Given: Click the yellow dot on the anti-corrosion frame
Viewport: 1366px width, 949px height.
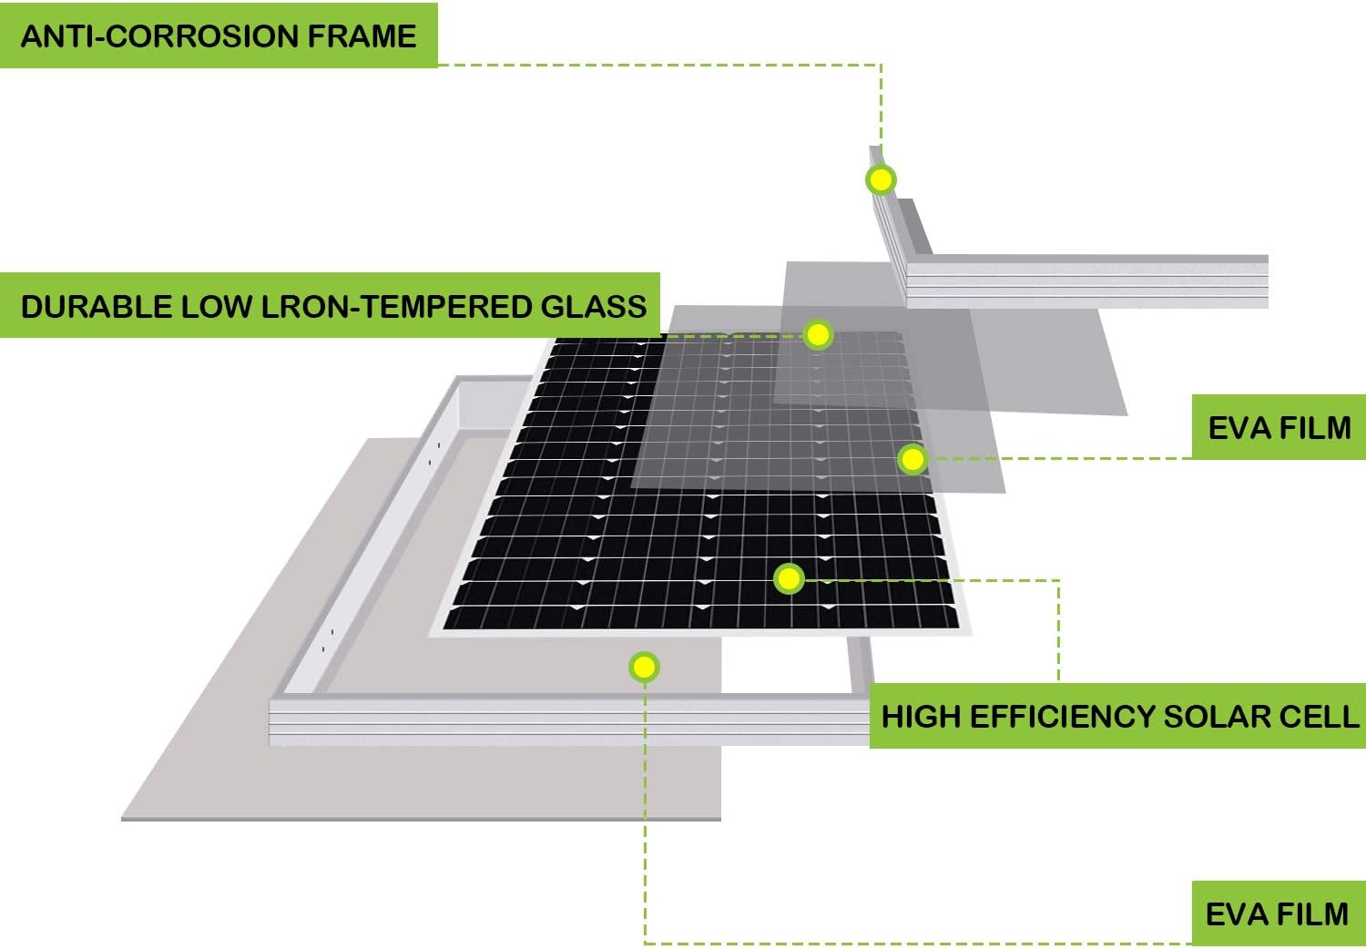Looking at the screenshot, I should [881, 179].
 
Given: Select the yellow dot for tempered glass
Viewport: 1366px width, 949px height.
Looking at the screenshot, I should [818, 335].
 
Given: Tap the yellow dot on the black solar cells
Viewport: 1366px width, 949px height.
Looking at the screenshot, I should [789, 578].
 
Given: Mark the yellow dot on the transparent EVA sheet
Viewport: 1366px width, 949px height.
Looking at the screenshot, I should [912, 459].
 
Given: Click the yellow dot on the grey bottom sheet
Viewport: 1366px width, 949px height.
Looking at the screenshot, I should [644, 668].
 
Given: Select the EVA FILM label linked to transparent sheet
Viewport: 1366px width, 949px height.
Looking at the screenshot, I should [1279, 427].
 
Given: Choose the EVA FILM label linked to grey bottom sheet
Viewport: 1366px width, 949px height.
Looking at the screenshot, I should [1277, 913].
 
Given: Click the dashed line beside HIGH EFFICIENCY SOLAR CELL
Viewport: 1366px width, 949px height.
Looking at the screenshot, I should [1058, 638].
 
